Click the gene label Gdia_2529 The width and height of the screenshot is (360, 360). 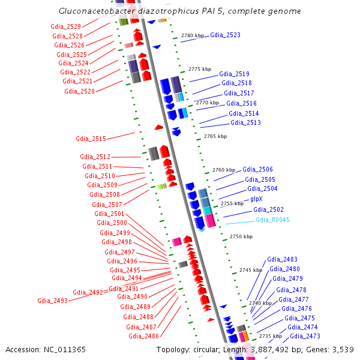[66, 27]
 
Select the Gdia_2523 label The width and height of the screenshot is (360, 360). [225, 35]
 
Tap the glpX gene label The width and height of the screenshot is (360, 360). [257, 199]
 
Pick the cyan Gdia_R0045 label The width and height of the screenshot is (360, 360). [272, 220]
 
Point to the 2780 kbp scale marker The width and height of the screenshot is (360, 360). [193, 36]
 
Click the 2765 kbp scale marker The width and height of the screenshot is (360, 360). [215, 136]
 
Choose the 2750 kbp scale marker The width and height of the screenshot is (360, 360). [241, 236]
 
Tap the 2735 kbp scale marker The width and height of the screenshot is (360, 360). [270, 336]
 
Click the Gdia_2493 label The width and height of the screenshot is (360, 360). [52, 301]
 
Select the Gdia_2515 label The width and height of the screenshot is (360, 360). [91, 139]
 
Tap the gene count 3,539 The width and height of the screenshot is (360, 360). [342, 349]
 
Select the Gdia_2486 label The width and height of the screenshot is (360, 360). [143, 336]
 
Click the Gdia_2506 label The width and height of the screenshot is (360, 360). [257, 170]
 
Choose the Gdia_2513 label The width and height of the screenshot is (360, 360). [245, 122]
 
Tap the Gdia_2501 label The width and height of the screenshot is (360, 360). [109, 214]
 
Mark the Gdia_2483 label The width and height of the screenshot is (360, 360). [282, 259]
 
